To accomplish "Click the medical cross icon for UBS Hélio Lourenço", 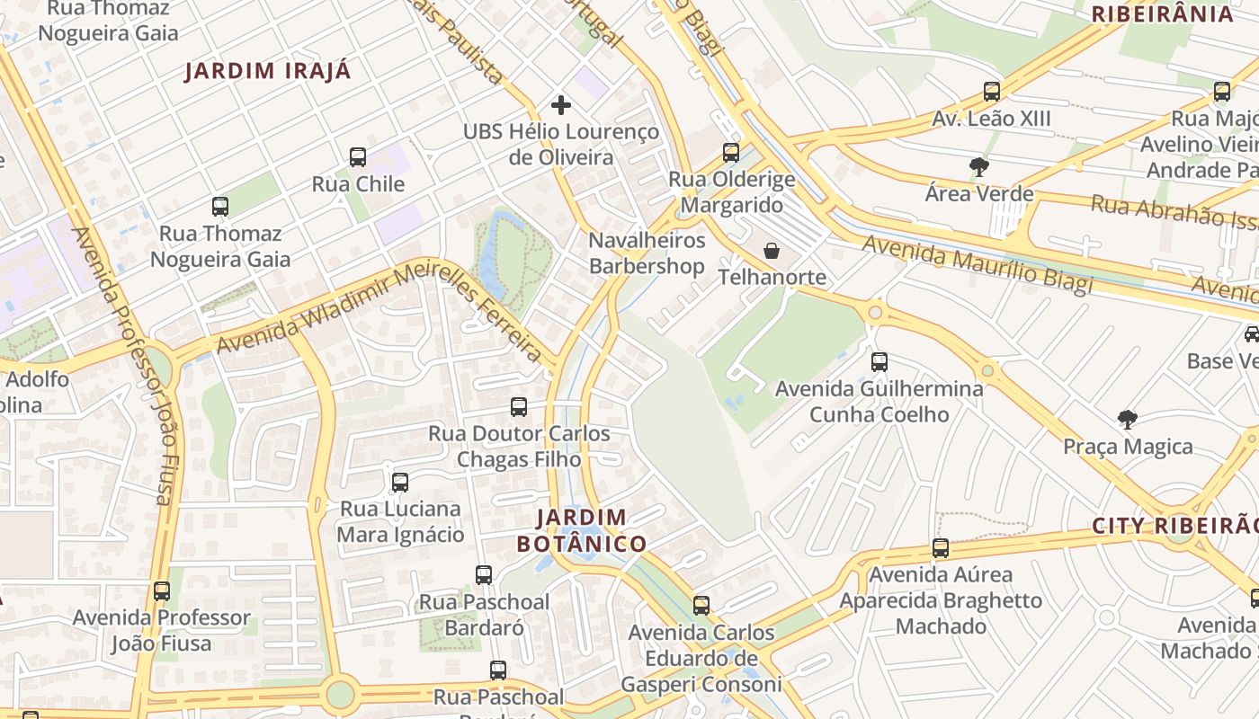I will coord(561,105).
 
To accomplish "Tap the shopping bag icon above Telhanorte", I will coord(772,251).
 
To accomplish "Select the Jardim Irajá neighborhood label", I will coord(268,71).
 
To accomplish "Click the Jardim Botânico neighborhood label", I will coord(582,530).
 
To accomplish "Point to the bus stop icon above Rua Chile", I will coord(358,157).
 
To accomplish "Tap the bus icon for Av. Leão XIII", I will coord(992,92).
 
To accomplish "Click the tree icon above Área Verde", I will coord(978,166).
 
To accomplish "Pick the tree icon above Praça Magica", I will coord(1127,420).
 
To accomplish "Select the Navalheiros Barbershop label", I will coord(647,253).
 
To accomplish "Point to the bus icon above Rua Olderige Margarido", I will coord(731,153).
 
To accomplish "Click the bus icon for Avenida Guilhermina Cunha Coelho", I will coord(880,362).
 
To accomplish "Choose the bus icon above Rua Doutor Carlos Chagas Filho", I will coord(519,407).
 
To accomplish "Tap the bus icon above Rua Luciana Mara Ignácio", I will coord(400,483).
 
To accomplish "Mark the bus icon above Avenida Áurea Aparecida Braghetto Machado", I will coord(941,548).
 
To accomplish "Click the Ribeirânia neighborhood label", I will coord(1162,14).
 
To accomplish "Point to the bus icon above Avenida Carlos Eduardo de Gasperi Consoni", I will coord(701,606).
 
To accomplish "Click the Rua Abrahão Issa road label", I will coord(1174,212).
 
